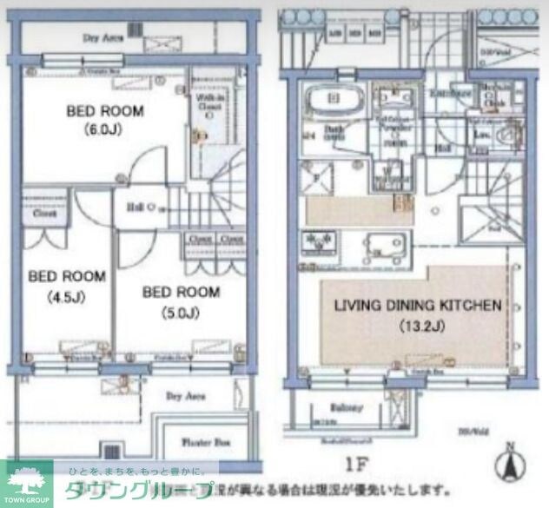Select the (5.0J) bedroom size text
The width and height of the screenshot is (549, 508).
click(181, 310)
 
